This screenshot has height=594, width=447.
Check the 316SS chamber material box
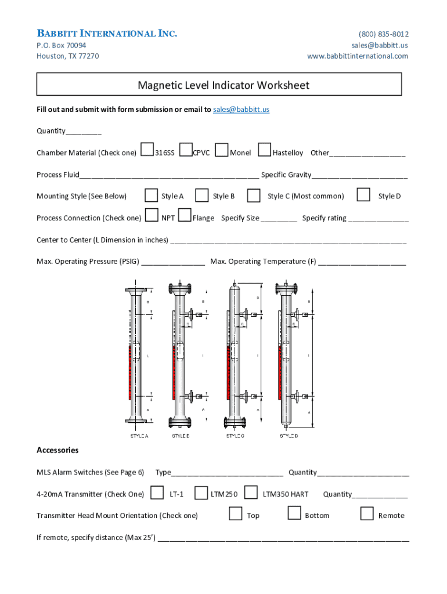coord(147,150)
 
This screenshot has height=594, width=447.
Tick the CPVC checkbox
coord(186,150)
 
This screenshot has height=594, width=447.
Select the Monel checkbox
coord(221,150)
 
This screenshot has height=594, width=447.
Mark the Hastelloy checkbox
coord(264,150)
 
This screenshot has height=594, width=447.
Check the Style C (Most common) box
coord(254,195)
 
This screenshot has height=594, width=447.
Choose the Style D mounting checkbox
coord(363,194)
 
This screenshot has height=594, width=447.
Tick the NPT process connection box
coord(152,216)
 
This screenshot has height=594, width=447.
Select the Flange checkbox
coord(185,216)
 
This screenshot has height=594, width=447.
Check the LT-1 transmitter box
coord(157,492)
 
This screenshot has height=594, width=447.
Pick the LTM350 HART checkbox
coord(251,492)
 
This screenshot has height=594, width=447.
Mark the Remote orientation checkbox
coord(367,513)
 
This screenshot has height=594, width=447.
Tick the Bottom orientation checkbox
coord(295,513)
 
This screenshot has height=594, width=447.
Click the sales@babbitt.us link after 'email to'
coord(241,109)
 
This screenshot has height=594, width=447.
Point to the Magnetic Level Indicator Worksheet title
coord(223,85)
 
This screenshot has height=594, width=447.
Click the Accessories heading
coord(57,450)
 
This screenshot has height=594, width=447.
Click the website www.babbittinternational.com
coord(358,56)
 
